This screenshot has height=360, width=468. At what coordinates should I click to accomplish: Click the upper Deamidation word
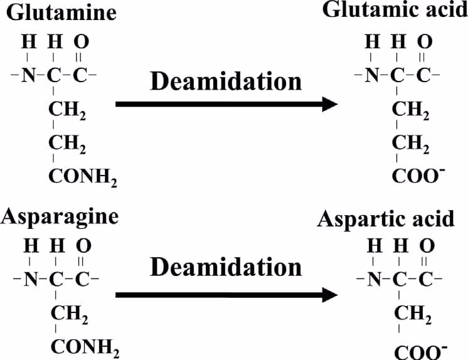pyautogui.click(x=225, y=81)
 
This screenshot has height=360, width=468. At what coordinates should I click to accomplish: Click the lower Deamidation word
pyautogui.click(x=226, y=267)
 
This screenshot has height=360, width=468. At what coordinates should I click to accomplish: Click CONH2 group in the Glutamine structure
pyautogui.click(x=82, y=177)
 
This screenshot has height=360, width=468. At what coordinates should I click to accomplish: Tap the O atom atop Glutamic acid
pyautogui.click(x=425, y=43)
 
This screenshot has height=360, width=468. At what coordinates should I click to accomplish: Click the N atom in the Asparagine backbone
pyautogui.click(x=28, y=277)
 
